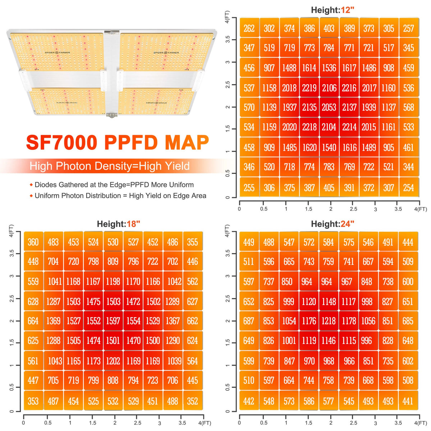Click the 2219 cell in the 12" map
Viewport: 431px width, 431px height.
309,88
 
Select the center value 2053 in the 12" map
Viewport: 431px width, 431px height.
329,107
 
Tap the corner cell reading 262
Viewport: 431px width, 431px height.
249,29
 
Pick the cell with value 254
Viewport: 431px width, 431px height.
408,188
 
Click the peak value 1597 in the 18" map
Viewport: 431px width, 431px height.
113,321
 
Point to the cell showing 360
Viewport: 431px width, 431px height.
33,242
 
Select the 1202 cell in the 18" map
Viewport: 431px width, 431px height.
113,361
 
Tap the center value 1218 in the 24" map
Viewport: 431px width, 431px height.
329,321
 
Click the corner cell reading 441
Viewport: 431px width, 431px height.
408,401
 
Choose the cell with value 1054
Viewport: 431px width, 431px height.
289,321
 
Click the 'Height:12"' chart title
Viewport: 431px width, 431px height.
333,10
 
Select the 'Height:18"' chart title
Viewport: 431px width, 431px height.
119,224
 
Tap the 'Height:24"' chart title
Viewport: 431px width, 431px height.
333,224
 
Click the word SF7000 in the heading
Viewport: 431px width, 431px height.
62,143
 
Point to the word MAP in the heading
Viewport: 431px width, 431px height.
187,143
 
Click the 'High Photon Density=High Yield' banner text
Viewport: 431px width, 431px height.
110,166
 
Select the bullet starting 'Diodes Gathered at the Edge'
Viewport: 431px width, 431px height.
114,185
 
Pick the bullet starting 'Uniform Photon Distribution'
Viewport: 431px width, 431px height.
120,196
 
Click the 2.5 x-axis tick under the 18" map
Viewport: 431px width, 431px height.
138,423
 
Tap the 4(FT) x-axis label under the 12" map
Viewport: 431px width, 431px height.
420,209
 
